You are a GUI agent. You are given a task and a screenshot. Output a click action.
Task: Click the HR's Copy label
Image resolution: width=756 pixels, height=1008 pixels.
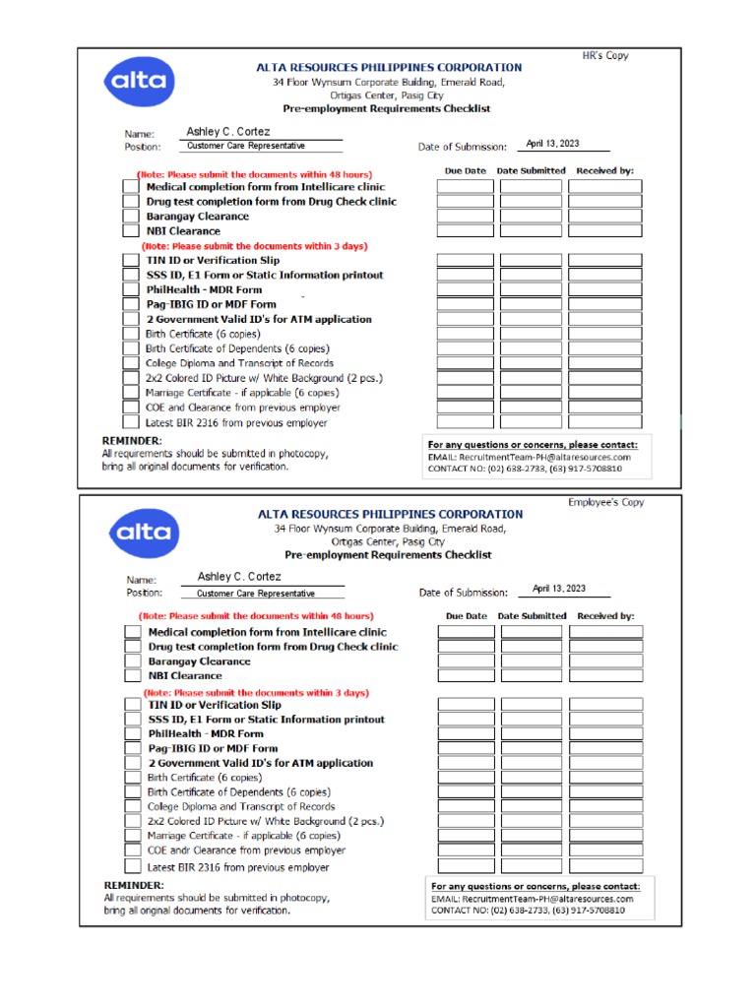coord(604,55)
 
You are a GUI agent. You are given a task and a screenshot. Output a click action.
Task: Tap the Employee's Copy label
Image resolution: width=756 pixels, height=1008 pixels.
coord(605,502)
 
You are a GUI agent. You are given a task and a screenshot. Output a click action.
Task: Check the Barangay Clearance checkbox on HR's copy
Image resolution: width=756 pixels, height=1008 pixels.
coord(130,217)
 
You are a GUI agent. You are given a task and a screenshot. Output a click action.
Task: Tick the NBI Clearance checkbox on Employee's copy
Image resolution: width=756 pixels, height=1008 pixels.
coord(132,676)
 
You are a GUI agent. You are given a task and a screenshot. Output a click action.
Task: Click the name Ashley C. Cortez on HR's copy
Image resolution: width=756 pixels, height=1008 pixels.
coord(227,132)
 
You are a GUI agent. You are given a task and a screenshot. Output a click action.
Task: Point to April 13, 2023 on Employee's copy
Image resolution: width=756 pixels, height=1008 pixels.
coord(558,589)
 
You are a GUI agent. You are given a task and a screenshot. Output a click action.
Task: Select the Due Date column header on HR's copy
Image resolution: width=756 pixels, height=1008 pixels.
coord(465,170)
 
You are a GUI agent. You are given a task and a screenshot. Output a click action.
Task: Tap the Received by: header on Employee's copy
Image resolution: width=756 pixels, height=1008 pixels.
coord(605,616)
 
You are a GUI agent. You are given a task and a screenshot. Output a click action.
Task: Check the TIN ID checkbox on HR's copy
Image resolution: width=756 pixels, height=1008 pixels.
coord(130,261)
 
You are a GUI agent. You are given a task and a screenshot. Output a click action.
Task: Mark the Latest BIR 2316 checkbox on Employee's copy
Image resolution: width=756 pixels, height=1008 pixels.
coord(132,867)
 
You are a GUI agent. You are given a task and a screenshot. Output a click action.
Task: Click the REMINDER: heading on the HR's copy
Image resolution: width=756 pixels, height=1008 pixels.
coord(133,440)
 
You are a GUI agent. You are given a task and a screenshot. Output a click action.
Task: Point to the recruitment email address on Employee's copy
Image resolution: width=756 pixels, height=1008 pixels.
coord(532,899)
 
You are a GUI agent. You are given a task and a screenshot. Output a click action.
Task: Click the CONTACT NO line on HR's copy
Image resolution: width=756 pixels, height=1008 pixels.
coord(525,470)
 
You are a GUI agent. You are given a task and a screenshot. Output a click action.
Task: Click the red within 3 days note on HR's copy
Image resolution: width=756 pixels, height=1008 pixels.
coord(254,246)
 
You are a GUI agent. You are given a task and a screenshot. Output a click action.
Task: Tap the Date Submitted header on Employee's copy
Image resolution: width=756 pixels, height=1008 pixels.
coord(532,616)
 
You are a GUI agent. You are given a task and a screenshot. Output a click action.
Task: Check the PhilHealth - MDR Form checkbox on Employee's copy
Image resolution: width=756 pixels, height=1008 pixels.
coord(132,734)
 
